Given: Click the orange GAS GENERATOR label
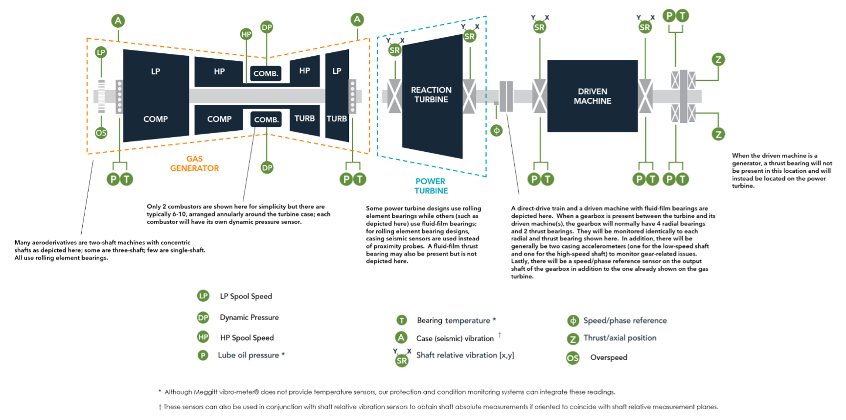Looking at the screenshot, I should [x=194, y=163].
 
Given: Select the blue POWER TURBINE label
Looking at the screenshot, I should [x=431, y=186].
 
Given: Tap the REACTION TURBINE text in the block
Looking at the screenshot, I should [x=431, y=94].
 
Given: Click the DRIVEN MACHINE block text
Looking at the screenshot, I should [x=592, y=96].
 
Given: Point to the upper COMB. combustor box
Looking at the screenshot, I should [x=266, y=73].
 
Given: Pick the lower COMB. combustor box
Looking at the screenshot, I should [x=266, y=119].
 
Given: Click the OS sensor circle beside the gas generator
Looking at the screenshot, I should [x=101, y=133].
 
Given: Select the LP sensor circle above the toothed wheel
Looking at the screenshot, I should [x=101, y=52].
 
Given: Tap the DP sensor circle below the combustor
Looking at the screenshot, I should [x=267, y=168].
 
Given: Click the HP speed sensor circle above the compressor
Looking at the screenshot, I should [x=246, y=34].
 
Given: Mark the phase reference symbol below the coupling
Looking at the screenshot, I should [x=496, y=131].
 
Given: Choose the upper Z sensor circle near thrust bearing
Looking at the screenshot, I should [x=718, y=60].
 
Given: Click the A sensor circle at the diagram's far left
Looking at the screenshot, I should [x=118, y=21].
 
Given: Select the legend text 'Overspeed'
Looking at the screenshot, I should [x=608, y=358].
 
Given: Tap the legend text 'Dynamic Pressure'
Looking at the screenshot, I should [x=249, y=318].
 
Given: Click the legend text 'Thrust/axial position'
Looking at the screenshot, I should [x=619, y=338].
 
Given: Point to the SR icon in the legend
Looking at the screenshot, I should [x=402, y=360].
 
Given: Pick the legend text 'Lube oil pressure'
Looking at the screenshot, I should [x=249, y=355].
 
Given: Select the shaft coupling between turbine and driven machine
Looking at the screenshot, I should [x=506, y=96].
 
